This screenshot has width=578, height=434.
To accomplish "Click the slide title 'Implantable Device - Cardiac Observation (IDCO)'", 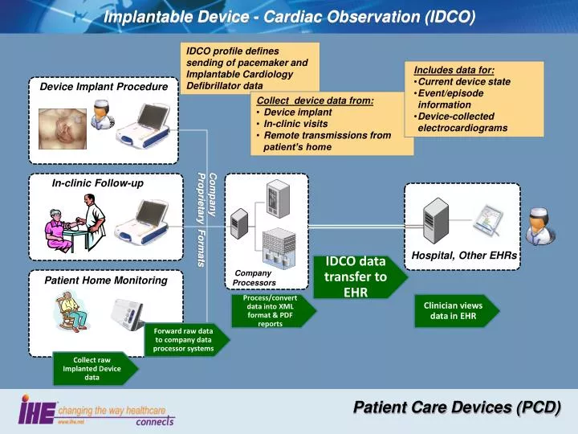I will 289,16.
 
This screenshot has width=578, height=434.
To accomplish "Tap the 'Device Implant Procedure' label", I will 104,87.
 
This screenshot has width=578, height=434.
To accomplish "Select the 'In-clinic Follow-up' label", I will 98,183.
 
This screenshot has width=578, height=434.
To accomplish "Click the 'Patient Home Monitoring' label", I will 106,280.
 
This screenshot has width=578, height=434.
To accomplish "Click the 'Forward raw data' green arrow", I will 184,340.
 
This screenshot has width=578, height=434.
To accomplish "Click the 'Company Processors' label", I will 254,278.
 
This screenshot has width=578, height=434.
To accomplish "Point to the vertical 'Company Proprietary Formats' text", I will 207,219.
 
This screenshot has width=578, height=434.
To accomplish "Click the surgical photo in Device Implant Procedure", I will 63,124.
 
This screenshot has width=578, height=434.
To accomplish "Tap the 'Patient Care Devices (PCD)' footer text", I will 457,407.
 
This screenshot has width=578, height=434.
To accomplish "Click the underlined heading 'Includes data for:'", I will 454,70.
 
